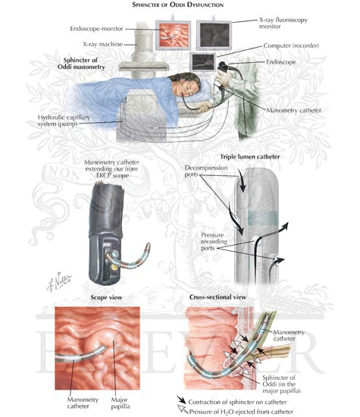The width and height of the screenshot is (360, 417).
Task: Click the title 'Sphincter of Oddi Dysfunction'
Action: click(x=177, y=5)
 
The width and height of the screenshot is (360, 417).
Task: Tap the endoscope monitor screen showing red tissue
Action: click(x=174, y=35)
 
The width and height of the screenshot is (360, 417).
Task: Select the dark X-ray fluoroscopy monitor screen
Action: click(x=214, y=35)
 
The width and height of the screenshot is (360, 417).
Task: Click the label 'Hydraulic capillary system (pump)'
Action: click(x=64, y=121)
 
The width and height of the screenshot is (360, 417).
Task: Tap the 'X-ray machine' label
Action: click(x=103, y=44)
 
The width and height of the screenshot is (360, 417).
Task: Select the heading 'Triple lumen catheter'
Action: click(x=249, y=157)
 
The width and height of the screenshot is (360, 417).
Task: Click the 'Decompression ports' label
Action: click(x=206, y=171)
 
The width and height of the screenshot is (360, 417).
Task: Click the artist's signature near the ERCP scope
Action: click(x=59, y=281)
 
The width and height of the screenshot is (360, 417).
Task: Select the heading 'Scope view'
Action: click(x=106, y=297)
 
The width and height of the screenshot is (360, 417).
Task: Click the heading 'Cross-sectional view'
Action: click(x=218, y=297)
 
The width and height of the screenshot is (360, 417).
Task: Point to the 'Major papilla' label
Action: click(x=121, y=403)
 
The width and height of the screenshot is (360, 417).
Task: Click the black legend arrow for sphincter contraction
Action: click(x=182, y=400)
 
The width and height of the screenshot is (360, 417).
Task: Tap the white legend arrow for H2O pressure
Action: click(x=183, y=409)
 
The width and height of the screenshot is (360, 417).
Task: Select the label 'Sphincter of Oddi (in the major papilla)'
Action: click(x=282, y=384)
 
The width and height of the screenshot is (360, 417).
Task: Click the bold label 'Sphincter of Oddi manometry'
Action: click(x=81, y=64)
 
